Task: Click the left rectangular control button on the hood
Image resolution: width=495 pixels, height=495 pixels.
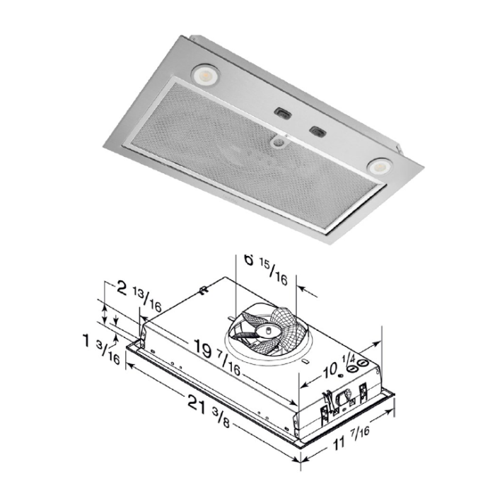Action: (x=282, y=112)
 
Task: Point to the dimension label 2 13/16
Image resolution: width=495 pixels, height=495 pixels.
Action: (x=139, y=296)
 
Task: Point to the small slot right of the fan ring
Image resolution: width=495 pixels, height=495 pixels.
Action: (x=305, y=361)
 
